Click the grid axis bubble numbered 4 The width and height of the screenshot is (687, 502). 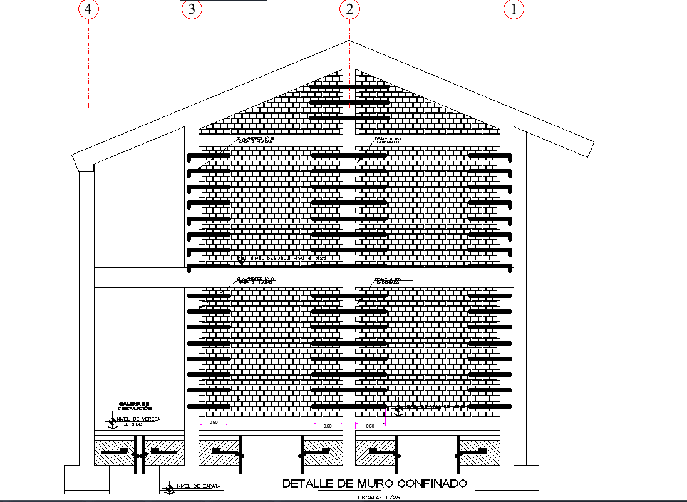click(89, 9)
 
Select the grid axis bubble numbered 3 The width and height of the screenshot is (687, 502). click(192, 9)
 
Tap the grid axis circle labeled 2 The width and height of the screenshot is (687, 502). click(349, 9)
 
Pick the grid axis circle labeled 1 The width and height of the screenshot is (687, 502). click(514, 9)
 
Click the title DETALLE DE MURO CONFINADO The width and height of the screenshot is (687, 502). click(374, 484)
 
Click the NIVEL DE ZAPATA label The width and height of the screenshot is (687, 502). click(198, 486)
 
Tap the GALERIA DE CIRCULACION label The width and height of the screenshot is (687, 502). click(135, 406)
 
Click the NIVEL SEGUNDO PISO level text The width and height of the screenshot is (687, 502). click(288, 258)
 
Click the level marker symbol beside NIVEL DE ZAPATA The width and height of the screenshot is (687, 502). click(168, 486)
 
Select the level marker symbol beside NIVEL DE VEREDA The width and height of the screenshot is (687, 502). click(112, 422)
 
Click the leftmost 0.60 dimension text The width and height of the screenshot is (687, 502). click(213, 423)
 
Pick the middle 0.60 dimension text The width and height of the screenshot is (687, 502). click(327, 426)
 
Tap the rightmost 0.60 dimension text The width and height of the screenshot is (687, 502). click(369, 426)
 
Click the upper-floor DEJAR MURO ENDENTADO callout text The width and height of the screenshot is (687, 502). click(388, 140)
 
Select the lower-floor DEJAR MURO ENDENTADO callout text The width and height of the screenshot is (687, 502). click(388, 280)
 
